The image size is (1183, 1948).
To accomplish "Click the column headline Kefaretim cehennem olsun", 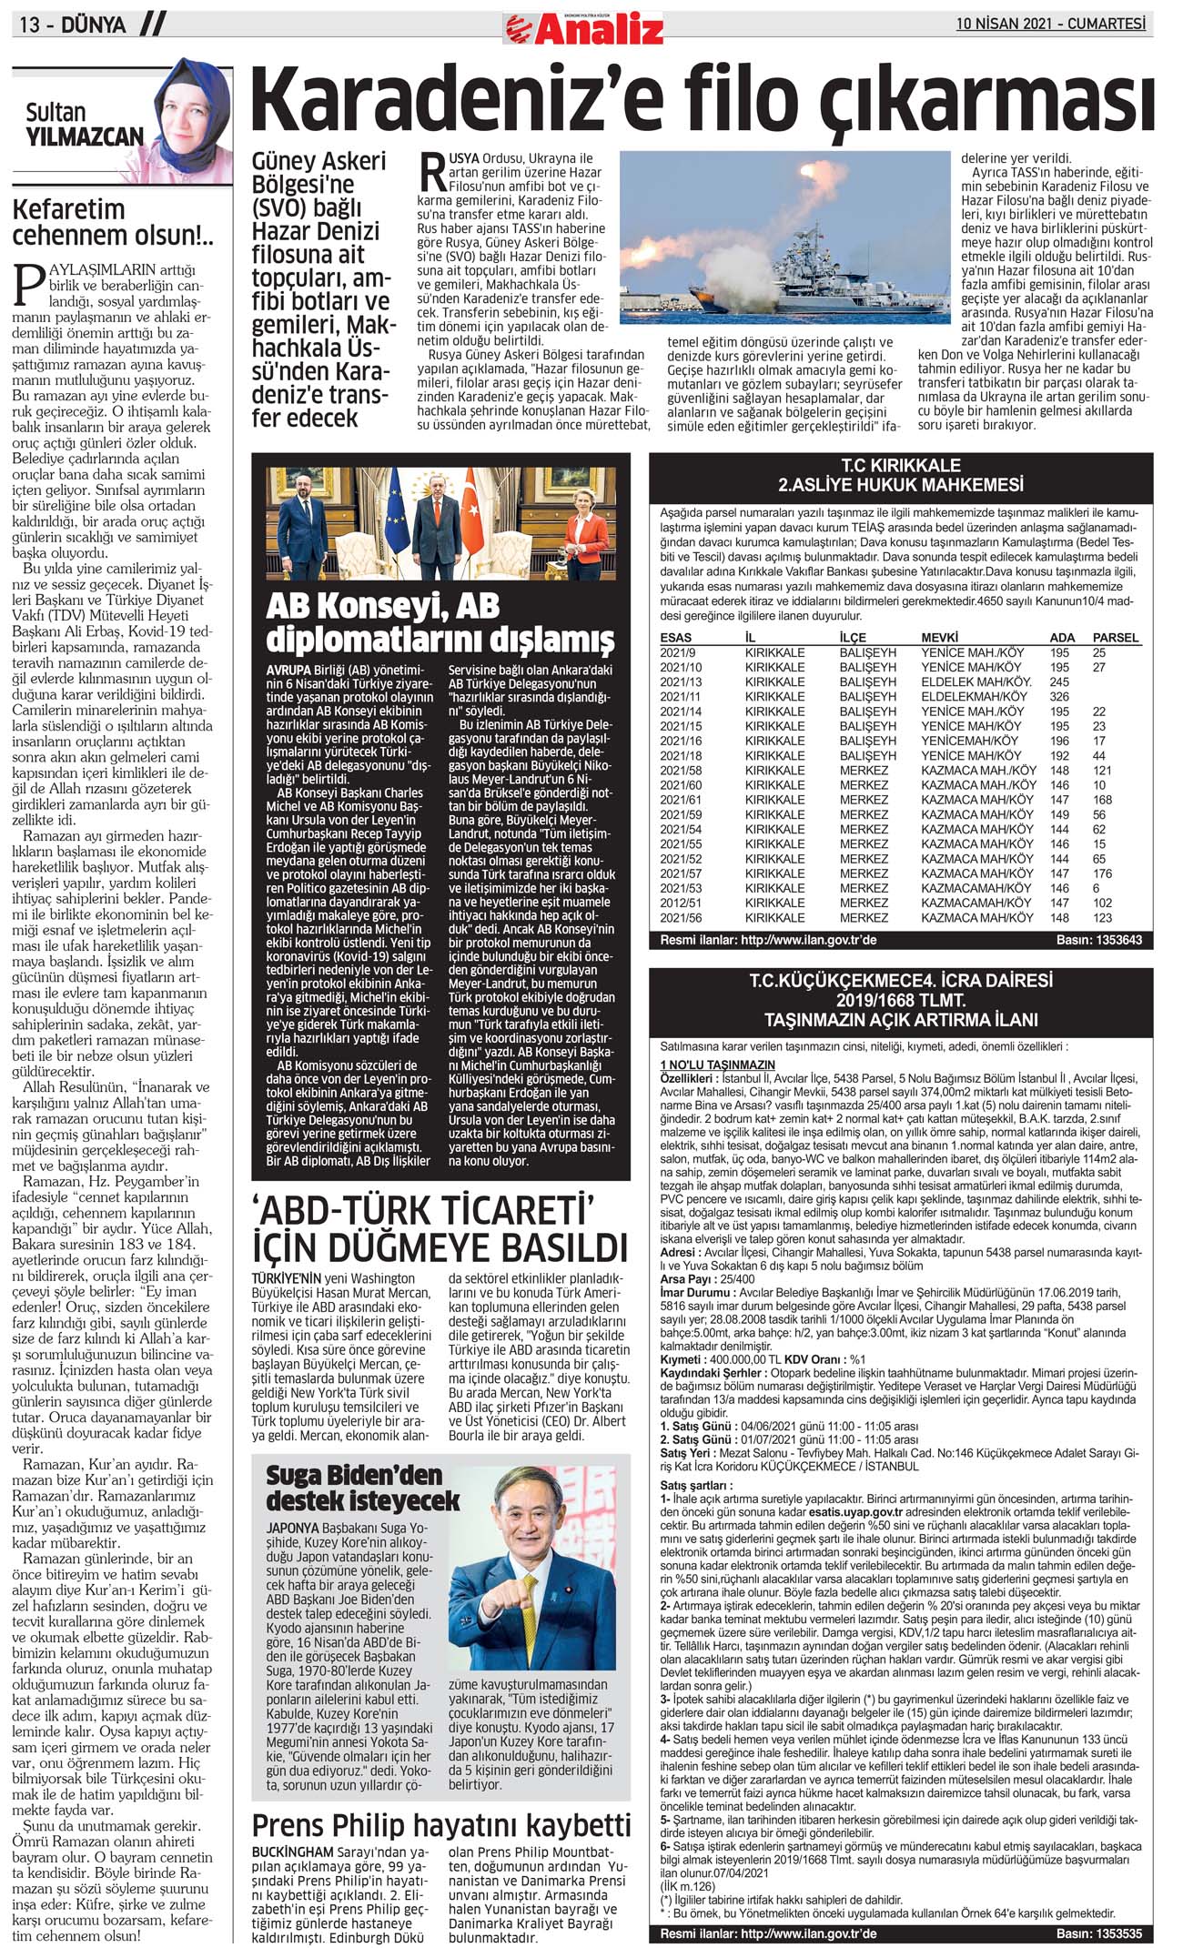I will tap(113, 222).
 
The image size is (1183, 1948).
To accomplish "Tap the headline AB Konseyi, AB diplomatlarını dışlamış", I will tap(440, 623).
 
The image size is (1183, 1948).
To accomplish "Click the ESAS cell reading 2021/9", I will tap(677, 652).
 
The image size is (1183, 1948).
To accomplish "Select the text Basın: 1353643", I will tap(1098, 940).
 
